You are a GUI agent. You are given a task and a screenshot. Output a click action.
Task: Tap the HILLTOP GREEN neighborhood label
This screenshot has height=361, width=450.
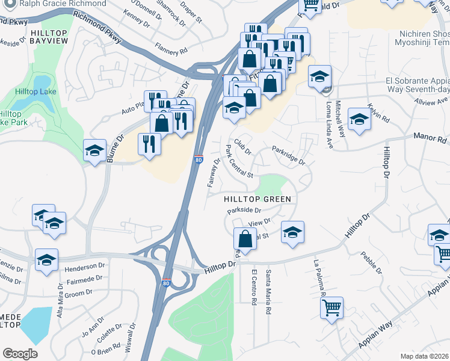click(x=257, y=199)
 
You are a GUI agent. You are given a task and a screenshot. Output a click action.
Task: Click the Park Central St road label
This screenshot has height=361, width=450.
click(x=239, y=161)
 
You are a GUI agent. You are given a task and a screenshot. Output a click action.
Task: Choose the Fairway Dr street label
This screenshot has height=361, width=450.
click(x=213, y=171)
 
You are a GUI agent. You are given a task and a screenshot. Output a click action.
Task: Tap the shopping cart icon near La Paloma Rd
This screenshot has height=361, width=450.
click(x=331, y=309)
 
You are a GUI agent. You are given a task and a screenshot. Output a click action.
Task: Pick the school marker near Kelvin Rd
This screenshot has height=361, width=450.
click(x=359, y=119)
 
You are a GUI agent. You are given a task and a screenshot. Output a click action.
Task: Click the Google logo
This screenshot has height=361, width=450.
click(x=20, y=354)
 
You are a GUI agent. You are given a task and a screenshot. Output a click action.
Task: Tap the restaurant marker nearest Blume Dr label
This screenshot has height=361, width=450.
click(x=149, y=144)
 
